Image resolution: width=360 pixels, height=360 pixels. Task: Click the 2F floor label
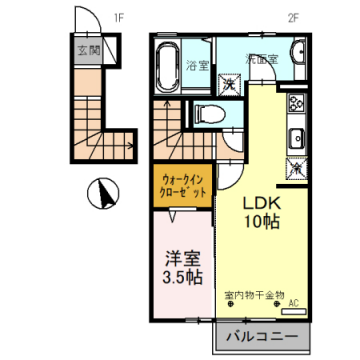(295, 17)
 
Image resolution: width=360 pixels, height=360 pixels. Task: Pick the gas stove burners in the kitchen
(295, 110)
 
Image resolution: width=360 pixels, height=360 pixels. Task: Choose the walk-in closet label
(185, 186)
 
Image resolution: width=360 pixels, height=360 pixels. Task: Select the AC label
(294, 303)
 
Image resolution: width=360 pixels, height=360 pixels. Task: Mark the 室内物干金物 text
(254, 294)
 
